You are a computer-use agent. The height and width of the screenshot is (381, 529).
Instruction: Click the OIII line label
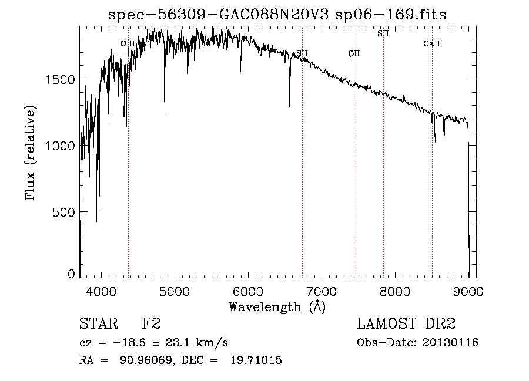(128, 43)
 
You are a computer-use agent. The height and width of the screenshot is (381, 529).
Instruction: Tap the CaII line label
(432, 43)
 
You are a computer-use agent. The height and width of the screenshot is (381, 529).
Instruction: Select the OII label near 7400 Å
(354, 53)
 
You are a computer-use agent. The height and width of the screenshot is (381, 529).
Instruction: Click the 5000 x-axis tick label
(175, 291)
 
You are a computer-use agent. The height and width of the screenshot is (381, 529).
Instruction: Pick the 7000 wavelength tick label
(322, 291)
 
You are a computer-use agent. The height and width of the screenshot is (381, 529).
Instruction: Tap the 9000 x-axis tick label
(468, 291)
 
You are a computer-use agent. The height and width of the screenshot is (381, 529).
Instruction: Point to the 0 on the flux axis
(71, 274)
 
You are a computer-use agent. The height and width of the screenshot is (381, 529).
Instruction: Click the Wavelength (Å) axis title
(277, 306)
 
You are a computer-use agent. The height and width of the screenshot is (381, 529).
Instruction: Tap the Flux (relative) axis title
(30, 153)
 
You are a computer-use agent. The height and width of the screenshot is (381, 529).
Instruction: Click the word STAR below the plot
(98, 325)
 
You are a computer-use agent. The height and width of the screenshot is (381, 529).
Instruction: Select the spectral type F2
(152, 325)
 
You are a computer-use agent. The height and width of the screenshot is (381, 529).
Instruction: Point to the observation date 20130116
(449, 343)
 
